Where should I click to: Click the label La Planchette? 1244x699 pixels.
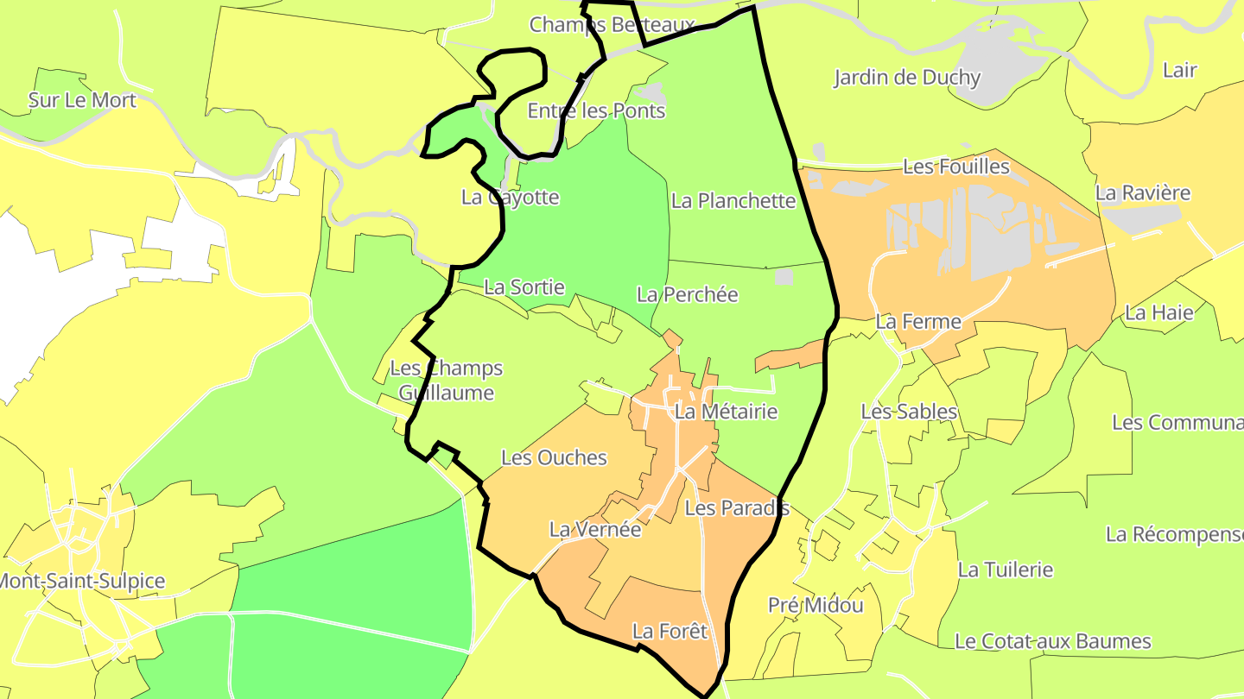pos(733,201)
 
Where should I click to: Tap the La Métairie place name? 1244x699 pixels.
pos(726,412)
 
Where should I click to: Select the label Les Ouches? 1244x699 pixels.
pos(554,457)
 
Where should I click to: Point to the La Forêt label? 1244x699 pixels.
pos(670,631)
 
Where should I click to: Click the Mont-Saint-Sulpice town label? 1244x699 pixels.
pos(82,581)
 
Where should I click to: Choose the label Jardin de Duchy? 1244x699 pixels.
pos(906,78)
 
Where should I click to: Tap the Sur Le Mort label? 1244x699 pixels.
pos(82,100)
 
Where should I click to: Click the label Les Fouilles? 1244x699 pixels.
pos(955,167)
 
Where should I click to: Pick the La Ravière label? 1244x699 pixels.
pos(1142,192)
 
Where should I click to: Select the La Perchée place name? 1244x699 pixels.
pos(687,294)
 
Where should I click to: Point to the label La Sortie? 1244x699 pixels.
pos(524,287)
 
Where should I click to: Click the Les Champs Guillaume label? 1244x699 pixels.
pos(446,381)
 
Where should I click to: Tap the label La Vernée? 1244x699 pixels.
pos(595,529)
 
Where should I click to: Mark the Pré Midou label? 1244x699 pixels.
pos(816,605)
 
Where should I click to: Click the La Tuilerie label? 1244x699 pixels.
pos(1005,570)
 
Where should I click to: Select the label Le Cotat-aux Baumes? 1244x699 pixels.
pos(1052,641)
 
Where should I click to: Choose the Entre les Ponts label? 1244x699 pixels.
pos(596,110)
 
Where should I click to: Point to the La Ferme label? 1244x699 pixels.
pos(917,322)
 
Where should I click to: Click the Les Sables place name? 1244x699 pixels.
pos(909,412)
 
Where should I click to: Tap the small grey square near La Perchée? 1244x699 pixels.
pos(784,276)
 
